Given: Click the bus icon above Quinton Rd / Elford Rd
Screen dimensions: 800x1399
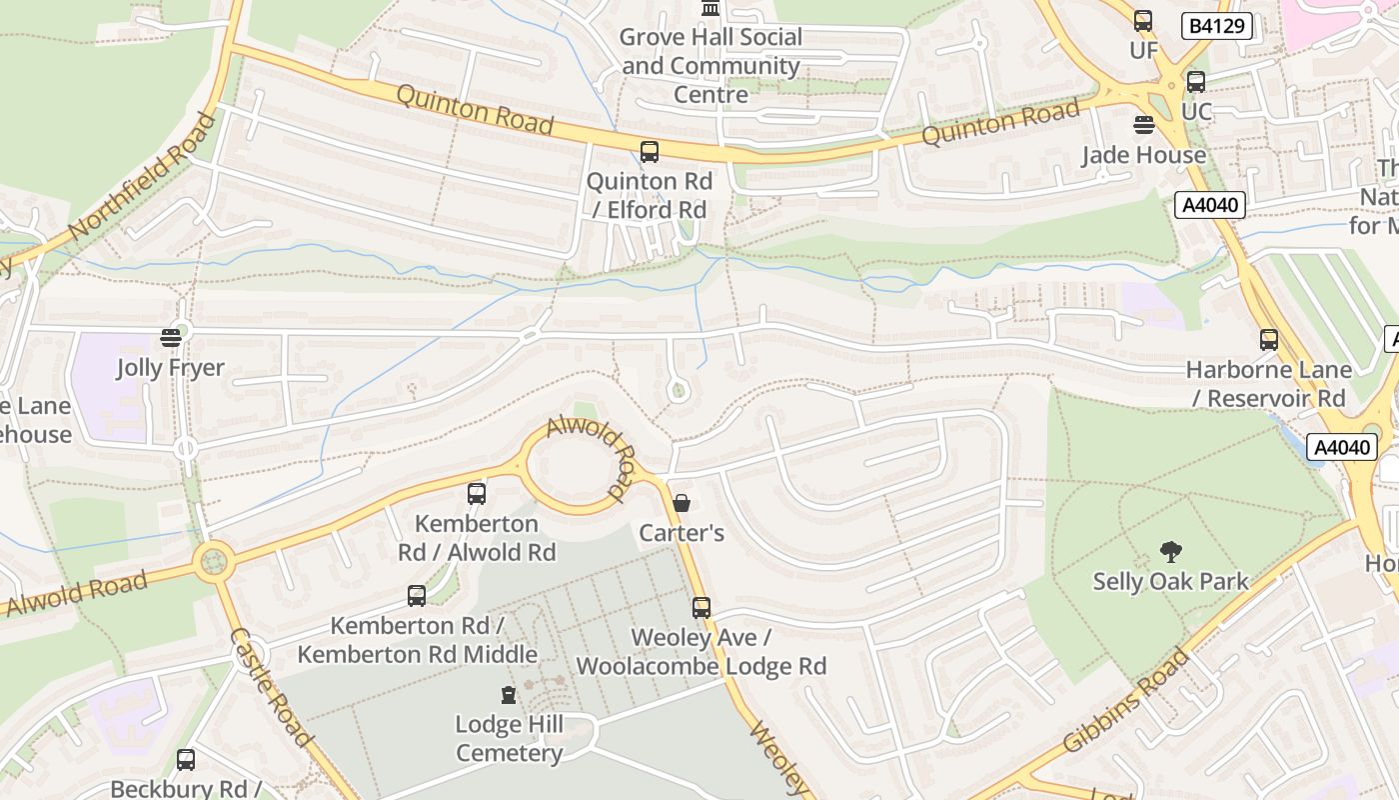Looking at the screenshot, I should click(x=650, y=152).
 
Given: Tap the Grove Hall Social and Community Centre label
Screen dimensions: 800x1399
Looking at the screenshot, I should click(x=710, y=66).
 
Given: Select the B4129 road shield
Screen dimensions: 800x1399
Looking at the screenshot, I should click(x=1216, y=26).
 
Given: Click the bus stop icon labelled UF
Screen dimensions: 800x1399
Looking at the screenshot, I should click(x=1143, y=21).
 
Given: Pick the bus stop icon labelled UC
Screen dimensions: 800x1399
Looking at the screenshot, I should click(x=1196, y=82).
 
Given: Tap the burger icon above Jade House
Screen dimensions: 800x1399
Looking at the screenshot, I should click(x=1144, y=125).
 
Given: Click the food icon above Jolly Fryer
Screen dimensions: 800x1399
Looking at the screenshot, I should click(x=171, y=337).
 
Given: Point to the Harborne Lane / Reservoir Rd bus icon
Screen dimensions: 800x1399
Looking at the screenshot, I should click(x=1269, y=340).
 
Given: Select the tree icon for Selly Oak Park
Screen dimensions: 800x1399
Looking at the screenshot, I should click(x=1170, y=551).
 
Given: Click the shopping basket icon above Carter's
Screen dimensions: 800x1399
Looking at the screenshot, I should click(x=682, y=502).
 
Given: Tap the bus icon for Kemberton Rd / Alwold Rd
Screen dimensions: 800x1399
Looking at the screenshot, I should click(x=477, y=493).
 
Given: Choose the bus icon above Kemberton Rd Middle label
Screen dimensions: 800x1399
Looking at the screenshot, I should click(x=417, y=596).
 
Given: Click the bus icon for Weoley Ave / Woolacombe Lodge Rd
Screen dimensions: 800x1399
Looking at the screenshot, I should click(x=701, y=607).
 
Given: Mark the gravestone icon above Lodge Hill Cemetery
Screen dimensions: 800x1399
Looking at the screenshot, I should click(x=509, y=694).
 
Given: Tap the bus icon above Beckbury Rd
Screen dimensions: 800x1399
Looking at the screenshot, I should click(x=186, y=760).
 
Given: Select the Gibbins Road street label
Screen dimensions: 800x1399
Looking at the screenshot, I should click(x=1126, y=700).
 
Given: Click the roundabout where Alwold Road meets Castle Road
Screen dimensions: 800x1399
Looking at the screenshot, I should click(x=213, y=562).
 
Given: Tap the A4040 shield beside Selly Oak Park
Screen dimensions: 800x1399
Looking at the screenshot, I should click(x=1342, y=448).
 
